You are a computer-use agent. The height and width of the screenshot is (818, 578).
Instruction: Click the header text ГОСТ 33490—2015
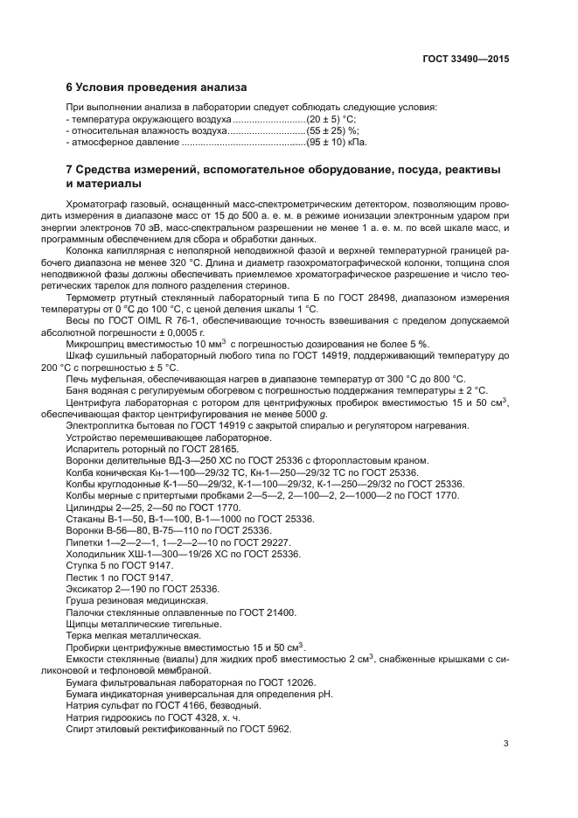click(464, 59)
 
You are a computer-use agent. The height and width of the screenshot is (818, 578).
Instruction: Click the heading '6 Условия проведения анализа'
click(157, 87)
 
